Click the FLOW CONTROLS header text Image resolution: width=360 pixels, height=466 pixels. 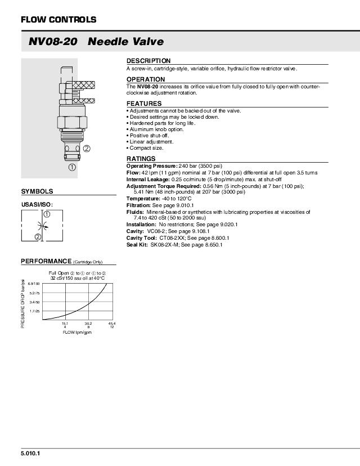point(58,20)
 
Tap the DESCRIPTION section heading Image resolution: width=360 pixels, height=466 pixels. point(148,61)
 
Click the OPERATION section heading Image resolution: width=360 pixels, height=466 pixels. point(146,79)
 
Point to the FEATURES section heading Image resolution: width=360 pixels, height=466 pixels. point(144,104)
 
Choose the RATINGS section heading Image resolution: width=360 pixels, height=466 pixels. point(141,159)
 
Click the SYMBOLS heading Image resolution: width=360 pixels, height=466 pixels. point(37,191)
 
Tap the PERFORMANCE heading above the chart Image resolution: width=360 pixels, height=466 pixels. point(46,261)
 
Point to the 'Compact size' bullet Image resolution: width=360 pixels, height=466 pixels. point(146,148)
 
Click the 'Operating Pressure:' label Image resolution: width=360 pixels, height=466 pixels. point(151,166)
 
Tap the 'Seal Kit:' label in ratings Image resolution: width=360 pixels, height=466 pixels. point(137,245)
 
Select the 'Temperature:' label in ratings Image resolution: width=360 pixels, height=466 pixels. point(143,199)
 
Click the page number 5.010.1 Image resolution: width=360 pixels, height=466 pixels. point(31,453)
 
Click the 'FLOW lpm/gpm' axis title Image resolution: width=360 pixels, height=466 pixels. point(77,333)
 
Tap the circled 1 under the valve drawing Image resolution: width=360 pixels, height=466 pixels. point(73,167)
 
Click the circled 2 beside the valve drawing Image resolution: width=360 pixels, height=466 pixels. point(87,149)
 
